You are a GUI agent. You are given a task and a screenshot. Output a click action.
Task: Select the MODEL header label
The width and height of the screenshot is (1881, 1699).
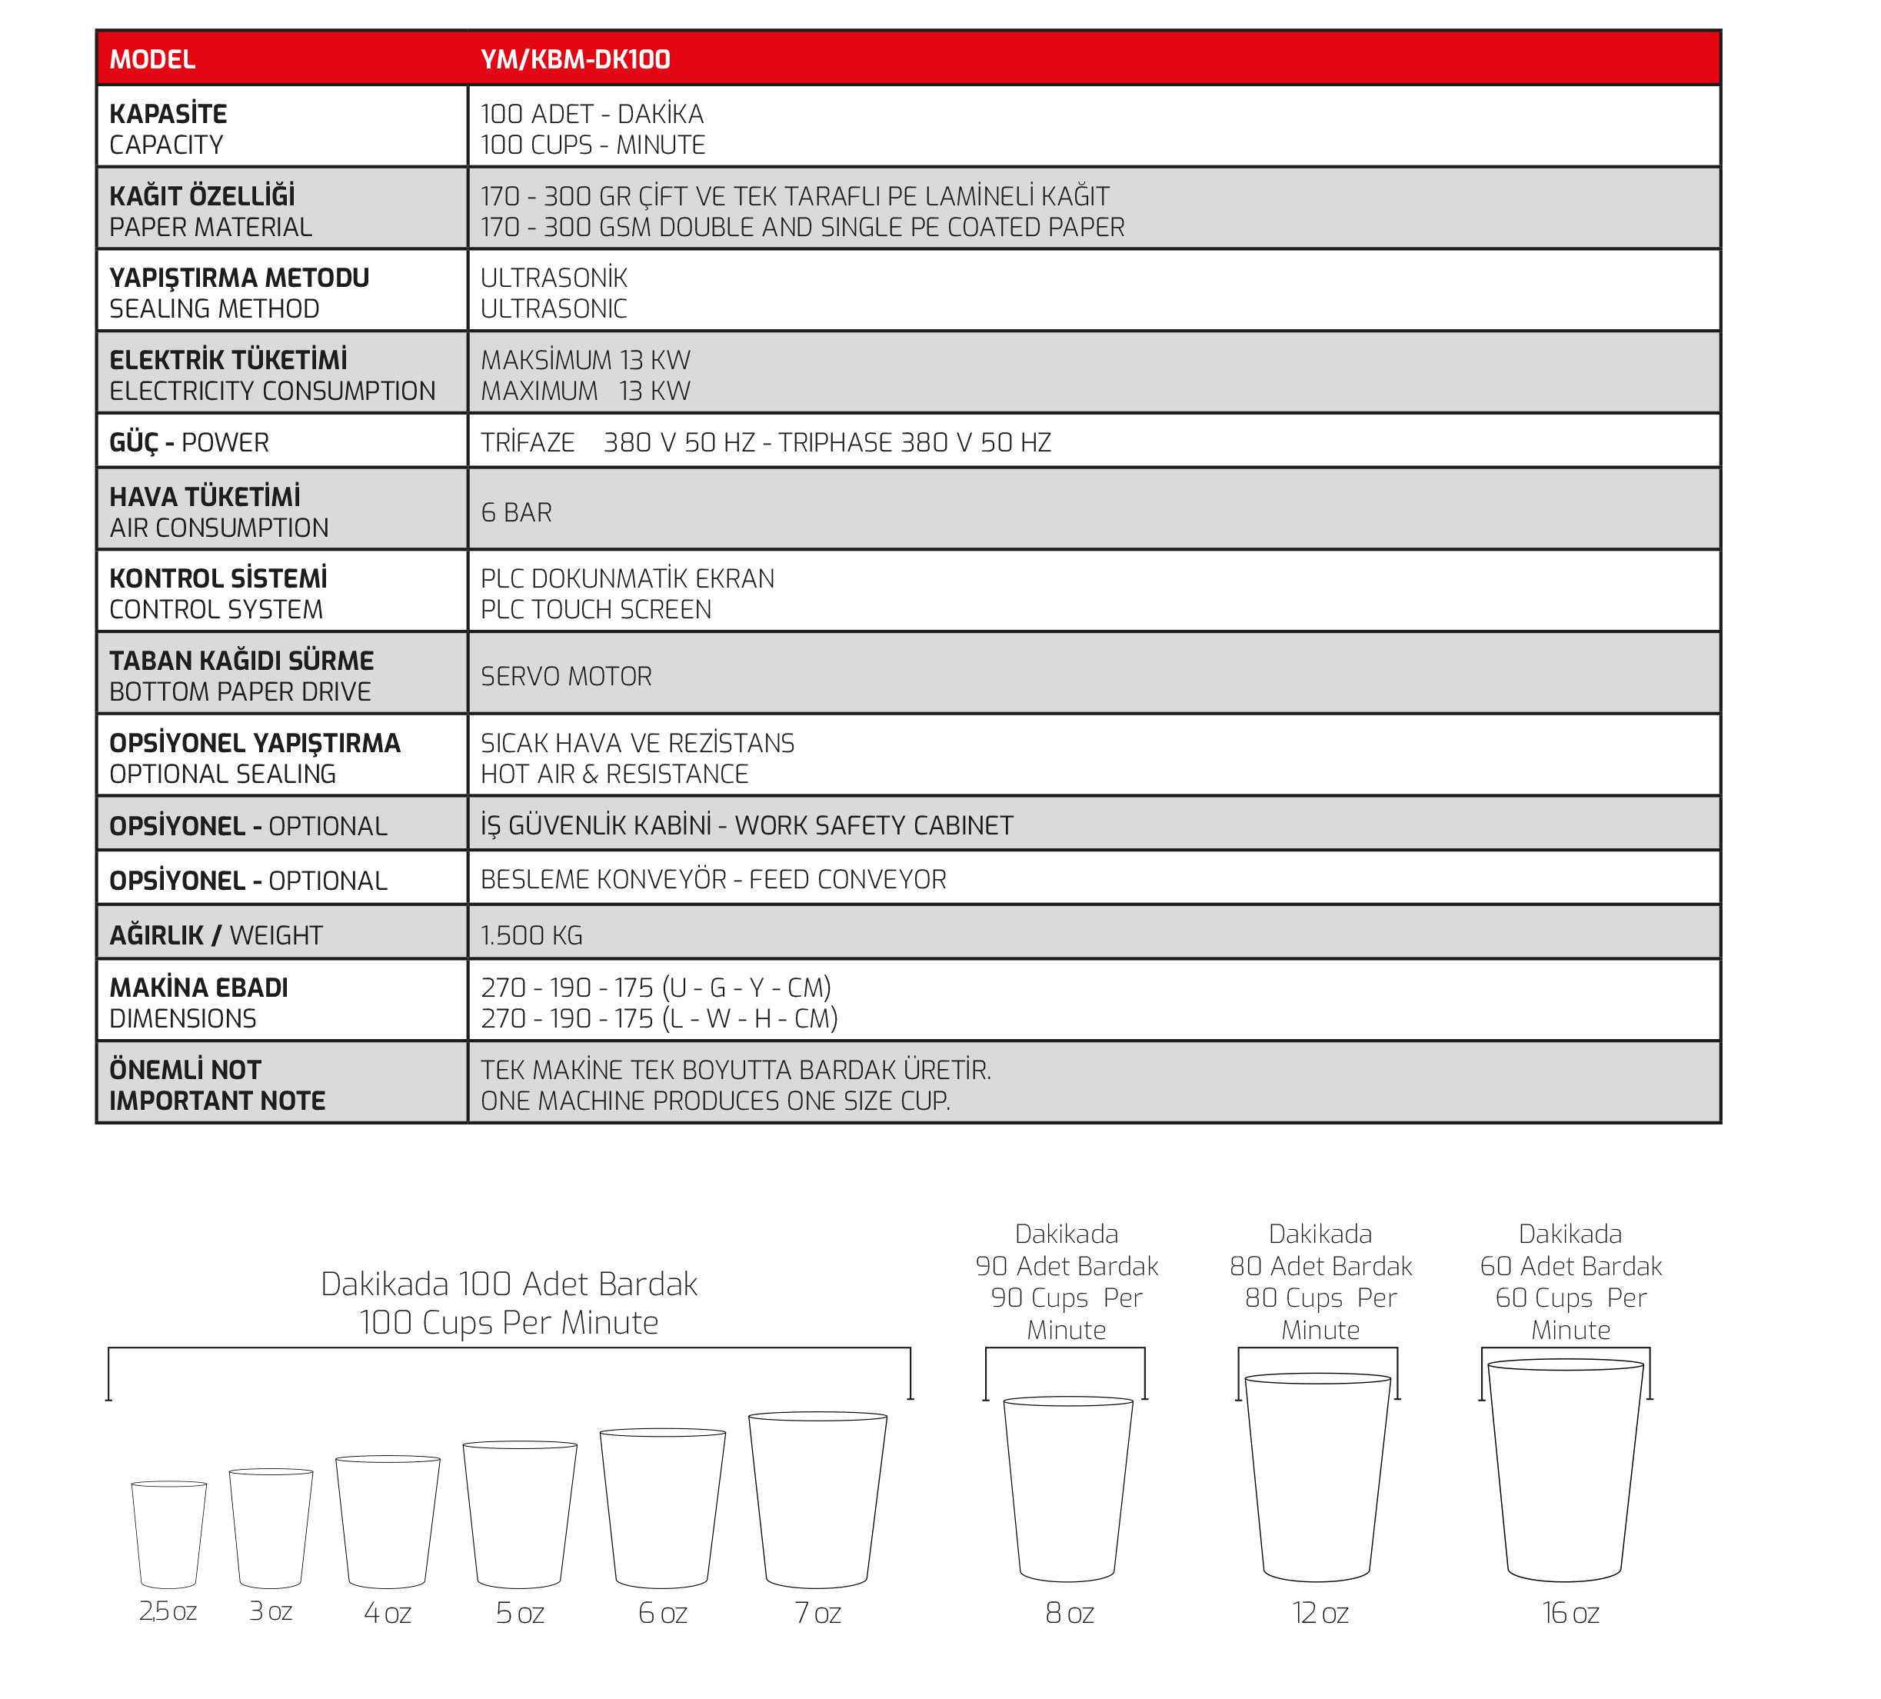click(152, 60)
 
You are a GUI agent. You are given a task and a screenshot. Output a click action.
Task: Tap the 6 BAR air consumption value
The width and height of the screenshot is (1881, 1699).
click(516, 512)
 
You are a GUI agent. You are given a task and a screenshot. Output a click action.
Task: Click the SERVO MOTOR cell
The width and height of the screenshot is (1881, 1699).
click(565, 676)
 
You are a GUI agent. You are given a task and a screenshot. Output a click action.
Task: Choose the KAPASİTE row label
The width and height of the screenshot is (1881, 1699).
click(168, 114)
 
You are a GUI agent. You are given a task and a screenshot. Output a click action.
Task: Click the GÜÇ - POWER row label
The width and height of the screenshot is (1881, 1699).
click(188, 442)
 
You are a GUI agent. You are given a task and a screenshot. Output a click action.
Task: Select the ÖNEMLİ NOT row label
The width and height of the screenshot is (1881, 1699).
click(185, 1069)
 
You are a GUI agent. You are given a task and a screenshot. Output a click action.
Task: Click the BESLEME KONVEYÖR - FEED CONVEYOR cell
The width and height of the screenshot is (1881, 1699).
click(713, 879)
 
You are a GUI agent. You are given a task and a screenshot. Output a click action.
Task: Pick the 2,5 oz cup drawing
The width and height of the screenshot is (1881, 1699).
click(169, 1534)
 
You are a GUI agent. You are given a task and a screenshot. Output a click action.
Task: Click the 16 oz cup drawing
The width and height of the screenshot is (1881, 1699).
click(1565, 1470)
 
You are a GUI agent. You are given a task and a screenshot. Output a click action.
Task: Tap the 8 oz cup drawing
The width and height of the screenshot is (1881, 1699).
click(1067, 1488)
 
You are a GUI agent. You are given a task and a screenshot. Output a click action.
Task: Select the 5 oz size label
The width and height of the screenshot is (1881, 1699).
click(520, 1612)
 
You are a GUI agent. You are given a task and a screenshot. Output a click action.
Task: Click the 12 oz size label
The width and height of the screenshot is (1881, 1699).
click(1320, 1612)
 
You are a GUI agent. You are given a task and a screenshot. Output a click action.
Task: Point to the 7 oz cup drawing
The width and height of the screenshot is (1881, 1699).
click(817, 1498)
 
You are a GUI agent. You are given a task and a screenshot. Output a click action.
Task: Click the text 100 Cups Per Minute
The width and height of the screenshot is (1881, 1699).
click(508, 1322)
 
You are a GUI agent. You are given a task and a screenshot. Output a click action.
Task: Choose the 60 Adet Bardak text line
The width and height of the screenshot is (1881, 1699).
click(1570, 1266)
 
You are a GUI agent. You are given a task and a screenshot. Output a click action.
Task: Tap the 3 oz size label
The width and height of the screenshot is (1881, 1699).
click(271, 1611)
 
